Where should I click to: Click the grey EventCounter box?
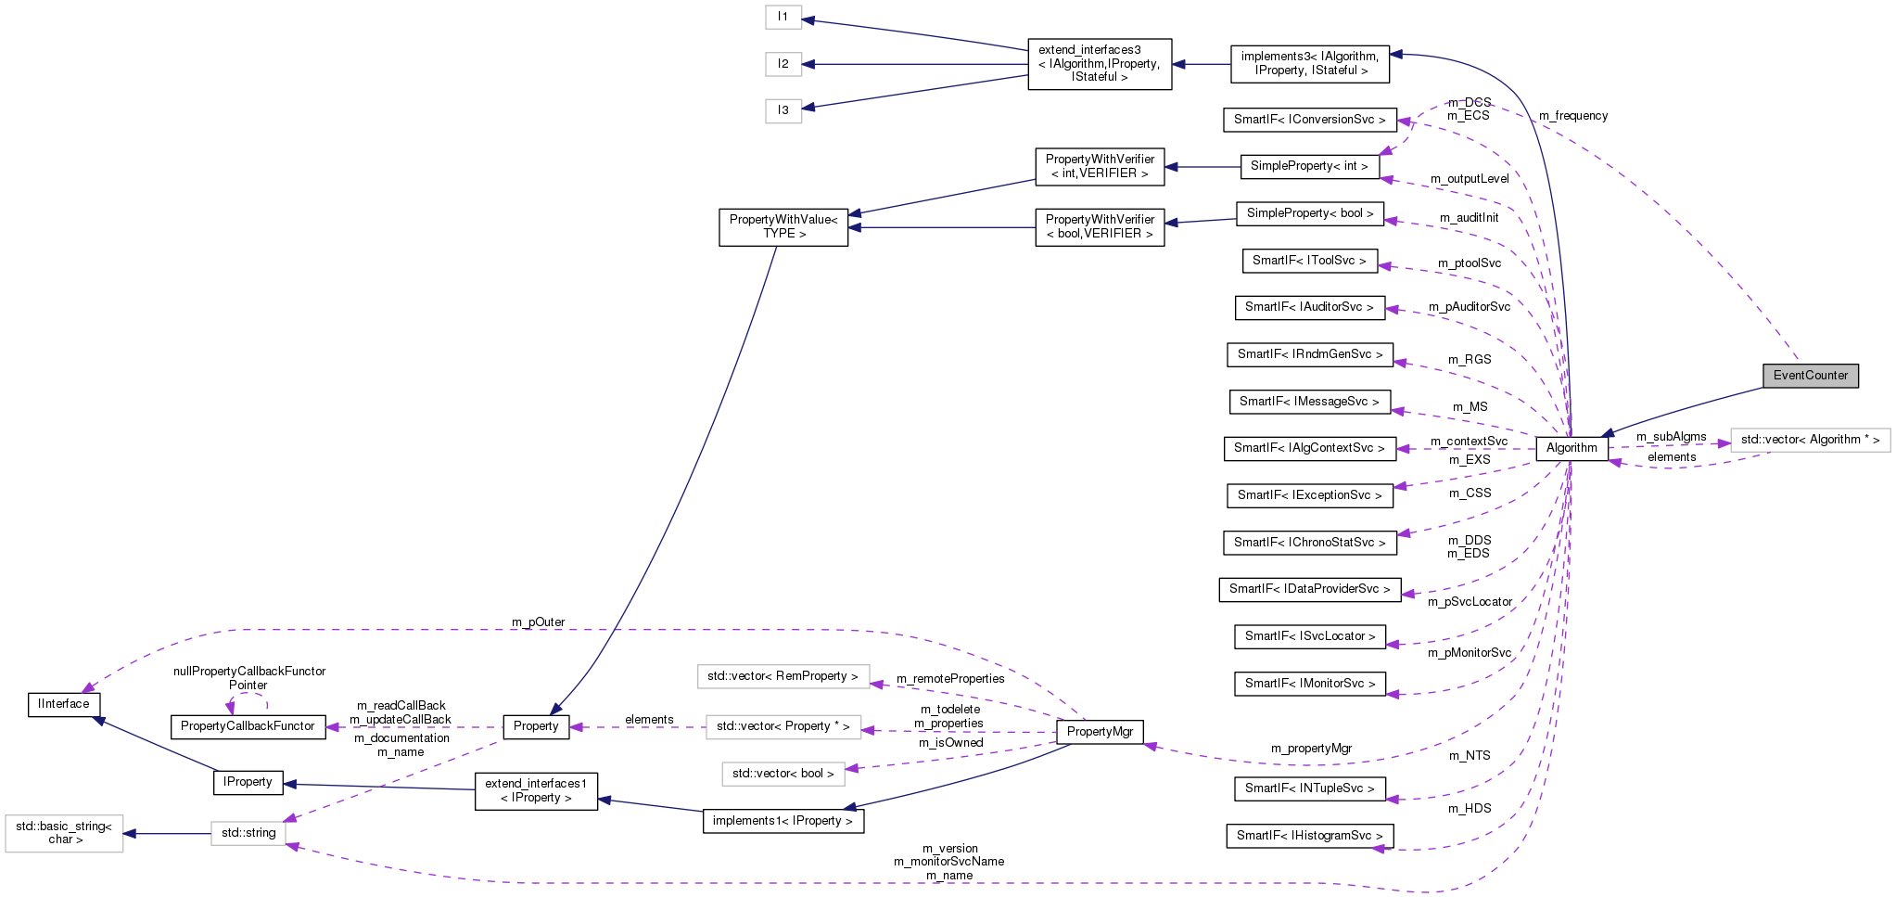(x=1810, y=376)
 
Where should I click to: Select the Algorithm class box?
(x=1572, y=448)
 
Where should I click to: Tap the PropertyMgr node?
(x=1100, y=732)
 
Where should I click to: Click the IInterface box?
(x=64, y=704)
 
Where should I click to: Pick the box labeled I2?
(x=783, y=64)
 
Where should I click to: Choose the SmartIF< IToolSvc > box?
(x=1309, y=261)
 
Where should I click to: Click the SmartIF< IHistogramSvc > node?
(x=1309, y=836)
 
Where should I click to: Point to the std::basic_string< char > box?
(x=64, y=833)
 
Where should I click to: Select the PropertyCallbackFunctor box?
(x=248, y=726)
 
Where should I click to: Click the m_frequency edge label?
(x=1573, y=116)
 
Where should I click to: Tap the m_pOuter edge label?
(x=538, y=622)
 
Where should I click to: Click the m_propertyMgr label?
(x=1311, y=749)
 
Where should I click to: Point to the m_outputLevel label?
(x=1470, y=179)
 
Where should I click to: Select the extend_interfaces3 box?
(x=1100, y=64)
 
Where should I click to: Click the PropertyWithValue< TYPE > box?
(x=783, y=227)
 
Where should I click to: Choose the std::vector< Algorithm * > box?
(x=1810, y=440)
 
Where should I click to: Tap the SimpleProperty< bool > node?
(x=1309, y=213)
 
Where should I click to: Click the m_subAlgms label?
(x=1671, y=437)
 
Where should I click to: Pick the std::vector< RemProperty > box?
(x=783, y=676)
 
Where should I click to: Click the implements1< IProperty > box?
(x=783, y=821)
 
